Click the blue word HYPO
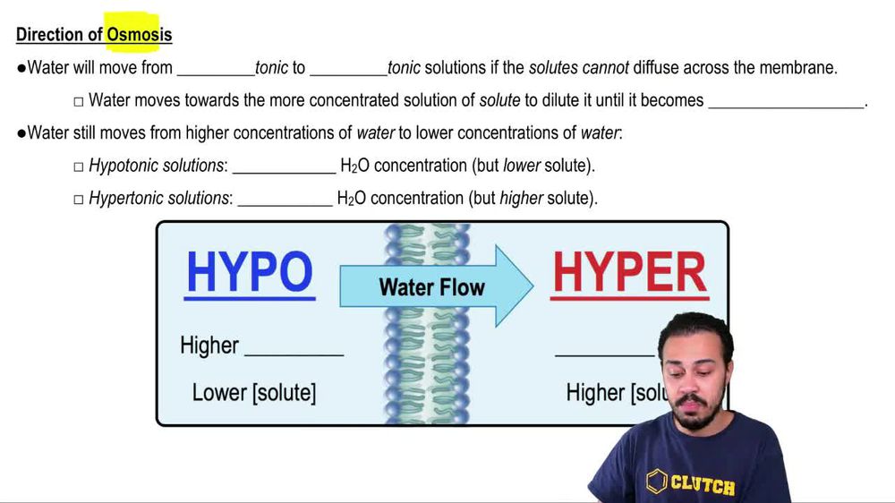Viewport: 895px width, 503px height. (250, 272)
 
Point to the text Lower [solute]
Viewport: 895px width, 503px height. (253, 392)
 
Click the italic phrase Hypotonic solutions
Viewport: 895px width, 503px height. (156, 166)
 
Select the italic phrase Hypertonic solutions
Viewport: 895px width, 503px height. (158, 198)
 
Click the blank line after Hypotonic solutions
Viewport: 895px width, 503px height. (284, 170)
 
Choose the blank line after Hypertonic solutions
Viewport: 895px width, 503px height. (285, 202)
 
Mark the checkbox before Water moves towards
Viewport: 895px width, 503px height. (79, 101)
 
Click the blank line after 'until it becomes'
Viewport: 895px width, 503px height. (786, 105)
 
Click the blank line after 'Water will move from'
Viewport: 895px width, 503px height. (216, 72)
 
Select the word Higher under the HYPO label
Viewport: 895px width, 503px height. (209, 345)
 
